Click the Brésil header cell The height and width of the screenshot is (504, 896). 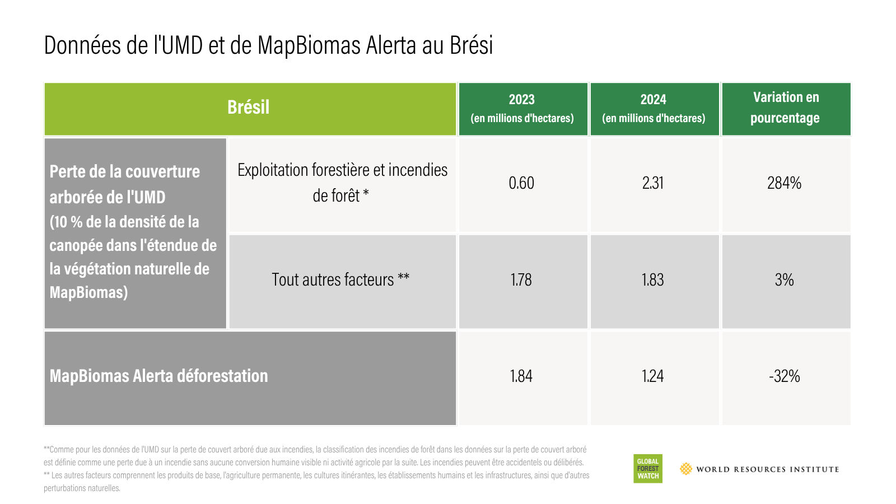(x=250, y=109)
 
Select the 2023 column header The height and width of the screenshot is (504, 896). (x=523, y=109)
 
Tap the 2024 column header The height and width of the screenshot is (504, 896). (x=655, y=109)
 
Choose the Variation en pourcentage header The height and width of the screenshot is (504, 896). (x=786, y=109)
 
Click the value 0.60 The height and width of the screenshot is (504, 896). (x=521, y=183)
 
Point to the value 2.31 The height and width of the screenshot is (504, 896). (x=653, y=183)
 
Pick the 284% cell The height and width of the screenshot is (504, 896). (x=785, y=183)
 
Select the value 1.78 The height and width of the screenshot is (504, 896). (x=521, y=279)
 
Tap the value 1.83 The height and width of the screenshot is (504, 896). (x=653, y=279)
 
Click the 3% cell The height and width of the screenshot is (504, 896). (x=785, y=279)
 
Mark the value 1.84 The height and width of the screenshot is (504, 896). (x=521, y=376)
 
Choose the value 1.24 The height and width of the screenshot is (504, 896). (x=653, y=376)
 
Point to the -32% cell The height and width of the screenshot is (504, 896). (x=785, y=376)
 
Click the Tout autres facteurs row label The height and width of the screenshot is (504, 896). (x=340, y=279)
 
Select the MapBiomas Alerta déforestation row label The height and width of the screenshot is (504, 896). (x=159, y=376)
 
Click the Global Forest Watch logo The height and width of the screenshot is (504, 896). (x=648, y=468)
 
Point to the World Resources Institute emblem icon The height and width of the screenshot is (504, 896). (x=686, y=469)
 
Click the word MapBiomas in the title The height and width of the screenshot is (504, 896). (x=309, y=45)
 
